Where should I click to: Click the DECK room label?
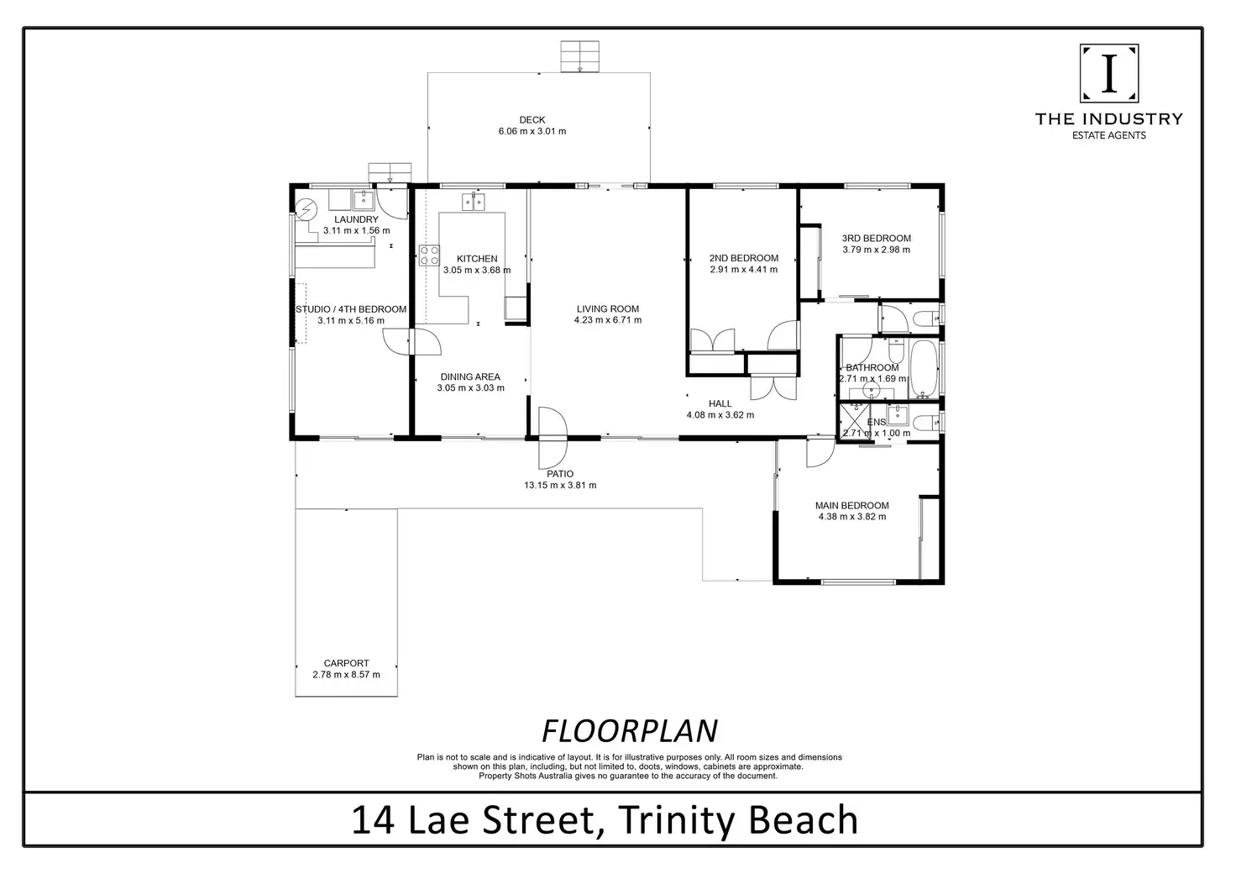pos(532,120)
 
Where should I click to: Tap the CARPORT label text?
pos(346,663)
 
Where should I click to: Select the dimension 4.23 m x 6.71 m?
pos(608,319)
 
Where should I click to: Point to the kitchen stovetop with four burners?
pos(429,255)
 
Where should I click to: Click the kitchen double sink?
pos(473,202)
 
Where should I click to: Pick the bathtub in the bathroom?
pos(923,368)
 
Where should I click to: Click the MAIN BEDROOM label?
pos(852,505)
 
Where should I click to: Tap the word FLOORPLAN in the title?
pos(630,731)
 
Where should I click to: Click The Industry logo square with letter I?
pos(1109,73)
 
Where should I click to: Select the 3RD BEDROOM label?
pos(877,238)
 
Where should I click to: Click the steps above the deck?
pos(580,56)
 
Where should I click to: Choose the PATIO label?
pos(560,474)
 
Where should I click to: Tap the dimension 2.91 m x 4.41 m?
pos(744,270)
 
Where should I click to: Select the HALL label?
pos(720,403)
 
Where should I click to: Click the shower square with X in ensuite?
pos(854,421)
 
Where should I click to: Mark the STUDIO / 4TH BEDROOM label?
pos(351,309)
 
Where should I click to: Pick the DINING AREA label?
pos(470,376)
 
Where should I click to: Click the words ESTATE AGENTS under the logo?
pos(1109,135)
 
